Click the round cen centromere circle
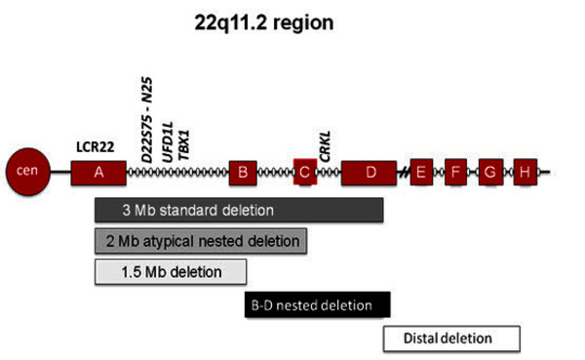coord(28,172)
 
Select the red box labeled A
coord(98,173)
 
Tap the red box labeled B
coord(243,173)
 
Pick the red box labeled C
coord(305,172)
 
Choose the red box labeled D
coord(369,173)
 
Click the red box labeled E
coord(421,172)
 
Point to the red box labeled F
coord(455,172)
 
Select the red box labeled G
coord(491,172)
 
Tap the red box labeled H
coord(526,172)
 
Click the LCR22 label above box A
coord(96,147)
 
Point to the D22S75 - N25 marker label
coord(147,120)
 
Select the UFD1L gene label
coord(168,141)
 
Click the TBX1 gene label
coord(183,145)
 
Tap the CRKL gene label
coord(325,146)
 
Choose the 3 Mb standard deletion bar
coord(239,211)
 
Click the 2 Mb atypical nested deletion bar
coord(201,241)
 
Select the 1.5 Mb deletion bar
coord(171,272)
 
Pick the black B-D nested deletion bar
coord(318,305)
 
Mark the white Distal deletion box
coord(451,339)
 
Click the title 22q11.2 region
coord(264,22)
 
